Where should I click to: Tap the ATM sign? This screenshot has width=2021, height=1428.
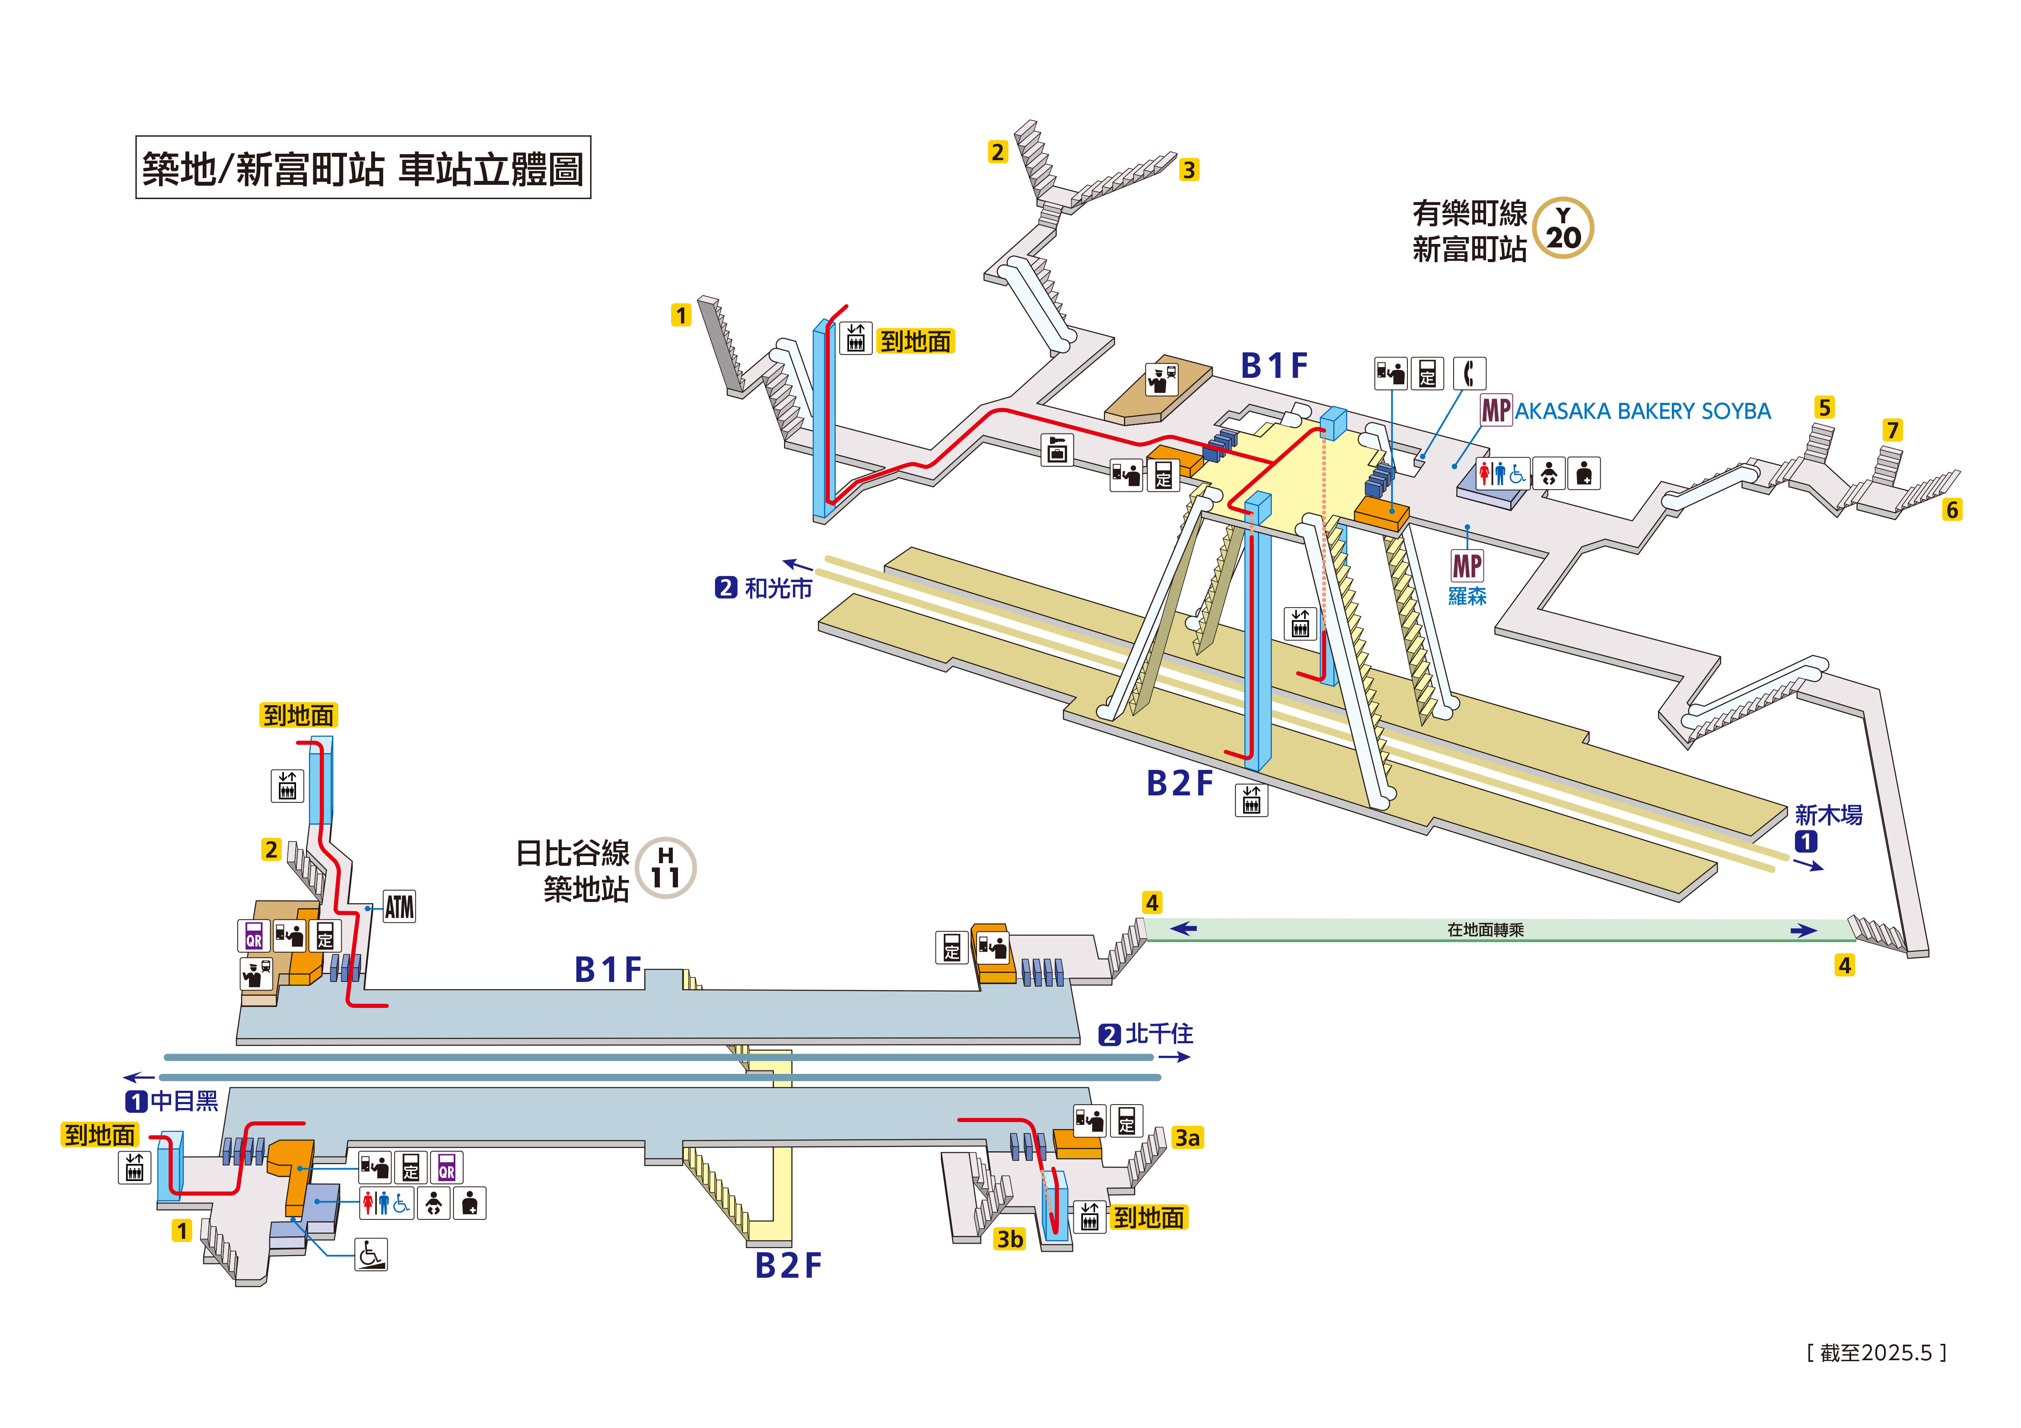pyautogui.click(x=399, y=906)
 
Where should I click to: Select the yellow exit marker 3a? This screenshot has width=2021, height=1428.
pyautogui.click(x=1187, y=1138)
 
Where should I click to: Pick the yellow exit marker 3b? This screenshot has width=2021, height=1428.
pyautogui.click(x=1009, y=1239)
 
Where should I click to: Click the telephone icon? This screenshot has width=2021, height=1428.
pyautogui.click(x=1468, y=373)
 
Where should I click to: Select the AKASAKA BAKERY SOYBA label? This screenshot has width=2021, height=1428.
pyautogui.click(x=1642, y=411)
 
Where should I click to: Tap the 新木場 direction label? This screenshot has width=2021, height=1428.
pyautogui.click(x=1828, y=815)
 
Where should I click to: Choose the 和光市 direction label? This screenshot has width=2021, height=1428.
pyautogui.click(x=778, y=588)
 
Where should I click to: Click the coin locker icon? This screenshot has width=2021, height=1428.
pyautogui.click(x=1057, y=450)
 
